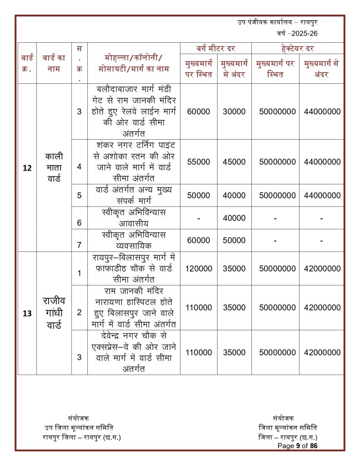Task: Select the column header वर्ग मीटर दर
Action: pos(216,48)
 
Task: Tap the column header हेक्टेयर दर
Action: pos(298,48)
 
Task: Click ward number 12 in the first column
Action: pos(27,168)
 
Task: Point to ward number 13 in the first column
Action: pos(27,313)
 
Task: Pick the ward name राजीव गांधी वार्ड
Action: pos(54,313)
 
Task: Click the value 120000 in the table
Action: pos(198,268)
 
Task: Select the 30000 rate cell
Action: pos(234,111)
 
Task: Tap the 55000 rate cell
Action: pos(198,162)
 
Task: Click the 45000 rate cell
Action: pos(234,162)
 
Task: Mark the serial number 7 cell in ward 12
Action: pos(79,245)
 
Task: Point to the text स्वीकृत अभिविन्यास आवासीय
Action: pos(133,218)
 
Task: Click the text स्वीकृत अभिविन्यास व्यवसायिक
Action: pos(133,240)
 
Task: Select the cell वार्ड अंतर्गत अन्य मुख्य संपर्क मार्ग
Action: pos(133,195)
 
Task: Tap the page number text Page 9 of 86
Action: pos(297,446)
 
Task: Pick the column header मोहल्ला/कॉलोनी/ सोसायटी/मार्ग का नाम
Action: pos(133,63)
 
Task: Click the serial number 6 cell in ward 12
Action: pos(79,223)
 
